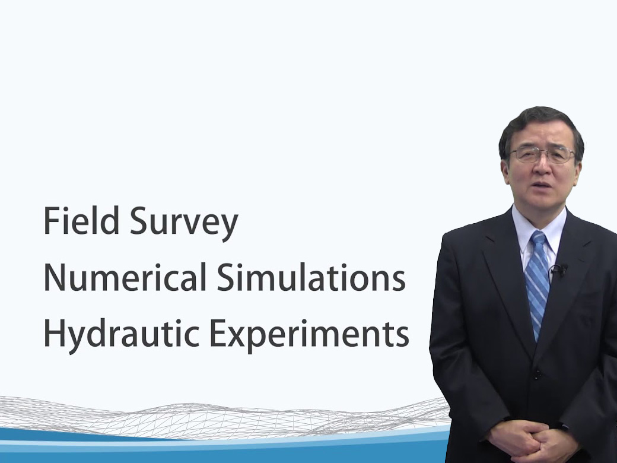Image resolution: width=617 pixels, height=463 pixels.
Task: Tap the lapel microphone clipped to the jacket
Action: (558, 269)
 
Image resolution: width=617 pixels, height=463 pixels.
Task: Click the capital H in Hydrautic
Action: (55, 333)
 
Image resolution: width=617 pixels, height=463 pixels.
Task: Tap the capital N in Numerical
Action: (55, 277)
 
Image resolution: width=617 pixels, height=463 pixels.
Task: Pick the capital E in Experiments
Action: (219, 333)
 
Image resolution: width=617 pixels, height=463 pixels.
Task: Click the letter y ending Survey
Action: (228, 228)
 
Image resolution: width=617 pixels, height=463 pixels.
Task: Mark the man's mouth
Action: (543, 185)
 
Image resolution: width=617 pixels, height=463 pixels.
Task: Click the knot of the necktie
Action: (538, 238)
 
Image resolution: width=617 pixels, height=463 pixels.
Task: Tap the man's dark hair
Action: (540, 128)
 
